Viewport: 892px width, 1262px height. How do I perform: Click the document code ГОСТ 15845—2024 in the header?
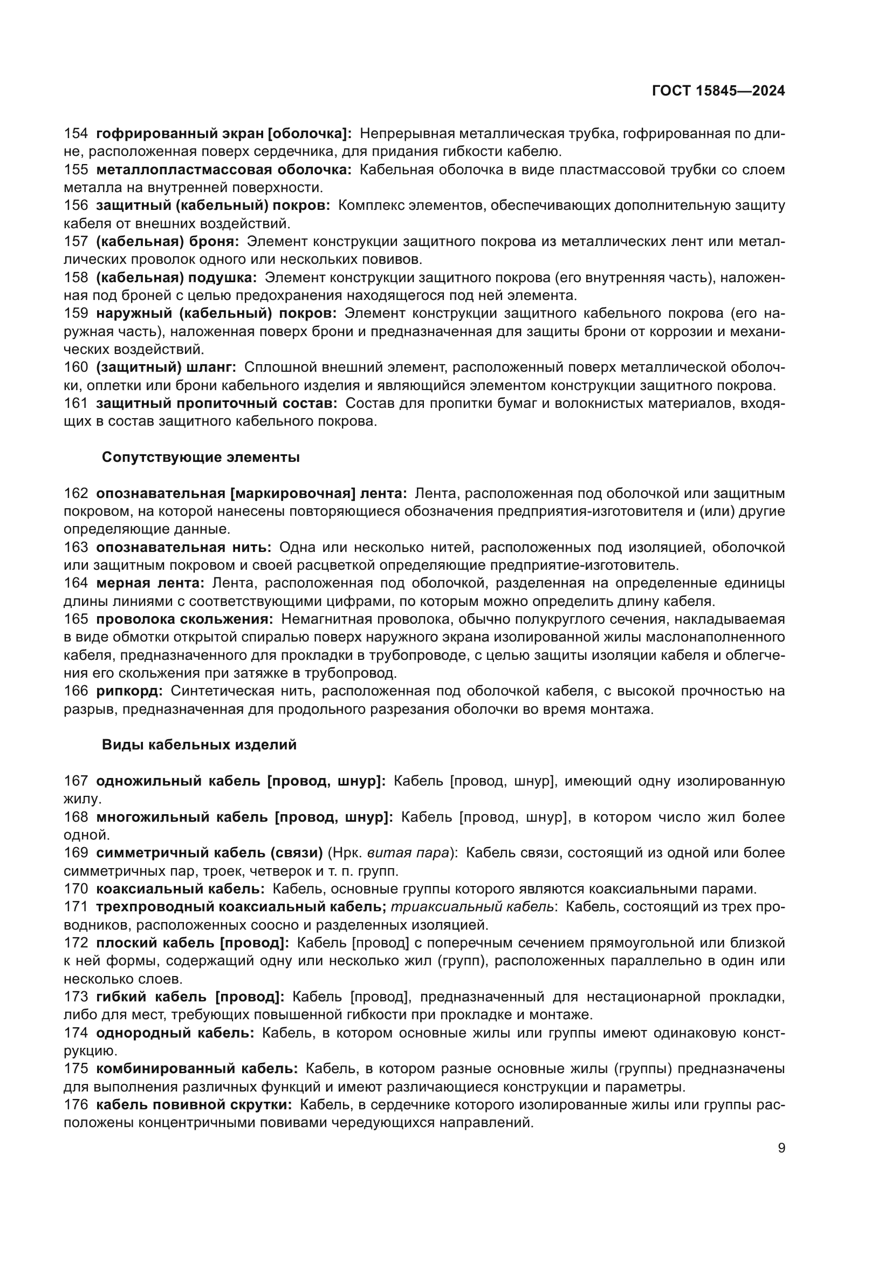[718, 91]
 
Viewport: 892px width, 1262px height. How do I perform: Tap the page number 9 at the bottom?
[781, 1148]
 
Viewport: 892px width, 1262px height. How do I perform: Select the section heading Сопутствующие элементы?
[201, 458]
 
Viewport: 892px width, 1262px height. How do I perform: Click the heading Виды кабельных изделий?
[199, 745]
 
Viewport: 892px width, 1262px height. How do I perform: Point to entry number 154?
[76, 134]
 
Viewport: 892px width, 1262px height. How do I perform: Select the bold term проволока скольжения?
[184, 619]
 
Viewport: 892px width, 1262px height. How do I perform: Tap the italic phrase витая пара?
[408, 852]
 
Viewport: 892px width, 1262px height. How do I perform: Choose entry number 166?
[76, 691]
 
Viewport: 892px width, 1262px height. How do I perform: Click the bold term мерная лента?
[150, 583]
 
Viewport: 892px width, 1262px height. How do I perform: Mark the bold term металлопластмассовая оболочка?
[224, 170]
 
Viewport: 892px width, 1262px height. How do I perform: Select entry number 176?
[76, 1104]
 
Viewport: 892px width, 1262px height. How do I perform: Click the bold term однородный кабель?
[175, 1033]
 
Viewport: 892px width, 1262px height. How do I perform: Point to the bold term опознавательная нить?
[183, 548]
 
